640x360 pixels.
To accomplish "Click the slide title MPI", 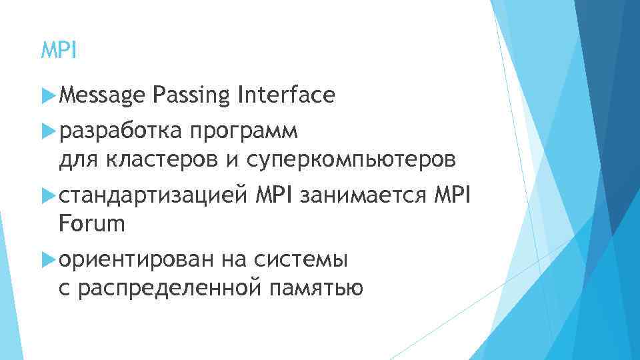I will tap(59, 50).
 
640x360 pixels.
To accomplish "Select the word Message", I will tap(102, 96).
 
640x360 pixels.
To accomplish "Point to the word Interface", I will tap(285, 95).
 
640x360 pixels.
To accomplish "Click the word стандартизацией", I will tap(155, 196).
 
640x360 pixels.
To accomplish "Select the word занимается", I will tap(364, 196).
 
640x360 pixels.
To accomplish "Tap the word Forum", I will tap(92, 224).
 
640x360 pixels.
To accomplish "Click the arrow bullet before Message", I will tap(47, 97).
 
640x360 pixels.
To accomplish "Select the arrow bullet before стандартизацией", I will tap(47, 196).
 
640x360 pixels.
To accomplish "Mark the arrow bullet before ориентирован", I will tap(47, 260).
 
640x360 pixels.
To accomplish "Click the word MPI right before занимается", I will tap(275, 196).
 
